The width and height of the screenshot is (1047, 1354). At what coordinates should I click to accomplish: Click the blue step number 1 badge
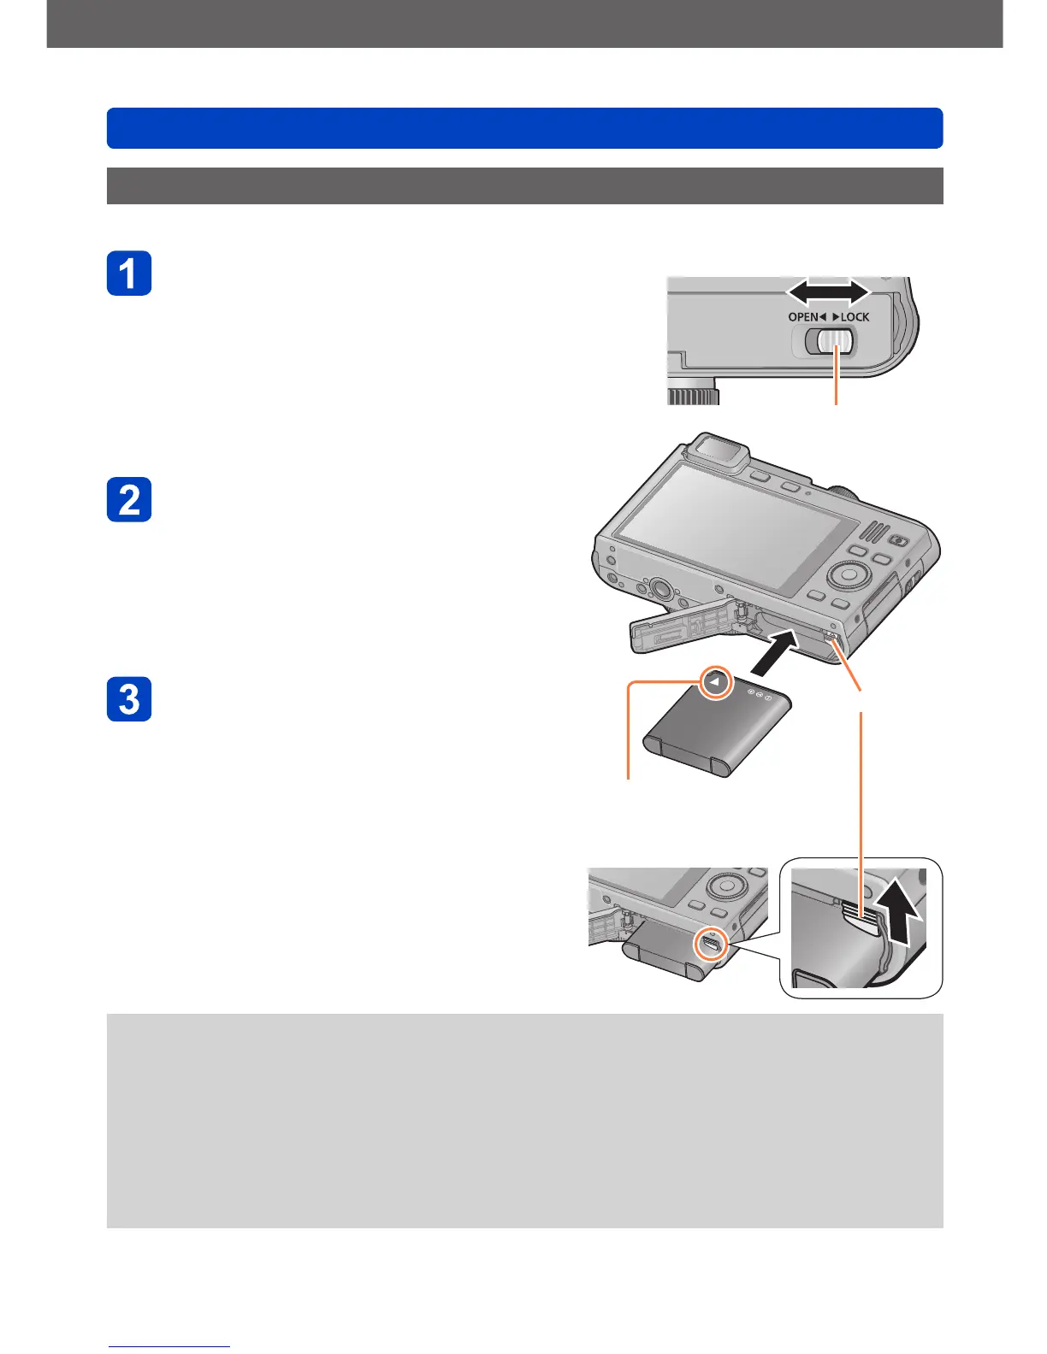(x=129, y=274)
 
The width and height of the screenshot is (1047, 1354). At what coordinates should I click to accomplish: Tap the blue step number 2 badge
(x=129, y=499)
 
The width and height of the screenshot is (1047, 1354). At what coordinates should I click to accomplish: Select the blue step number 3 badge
(x=129, y=699)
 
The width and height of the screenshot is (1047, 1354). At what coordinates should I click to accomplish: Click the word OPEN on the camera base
(x=803, y=317)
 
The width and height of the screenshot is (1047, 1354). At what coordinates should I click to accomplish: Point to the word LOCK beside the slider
(x=855, y=317)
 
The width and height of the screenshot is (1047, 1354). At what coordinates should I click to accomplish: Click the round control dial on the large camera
(x=846, y=574)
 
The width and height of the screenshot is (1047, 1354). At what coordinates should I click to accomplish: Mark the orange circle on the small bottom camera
(x=711, y=944)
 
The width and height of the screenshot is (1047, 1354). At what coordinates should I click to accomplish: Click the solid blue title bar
(x=524, y=128)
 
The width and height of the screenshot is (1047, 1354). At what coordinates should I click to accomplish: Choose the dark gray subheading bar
(x=524, y=185)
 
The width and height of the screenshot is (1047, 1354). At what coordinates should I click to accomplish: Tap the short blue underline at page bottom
(x=169, y=1347)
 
